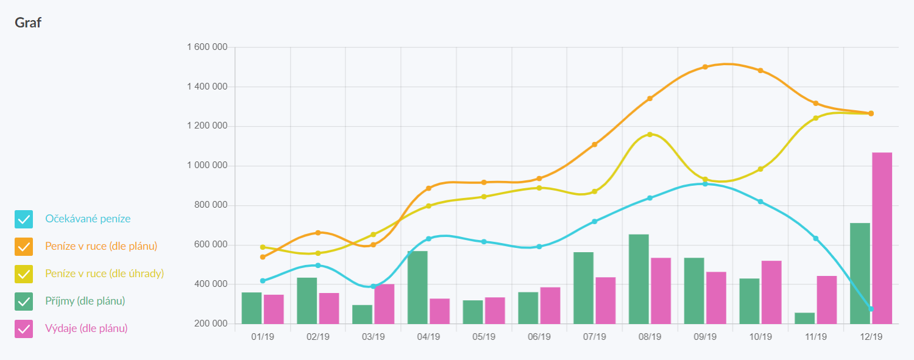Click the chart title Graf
click(x=28, y=23)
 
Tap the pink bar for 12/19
click(x=882, y=238)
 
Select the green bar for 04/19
click(x=417, y=287)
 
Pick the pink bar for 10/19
click(x=771, y=292)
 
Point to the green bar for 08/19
click(x=639, y=278)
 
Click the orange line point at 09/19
click(x=705, y=67)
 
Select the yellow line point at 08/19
click(x=650, y=134)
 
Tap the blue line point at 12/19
click(x=871, y=309)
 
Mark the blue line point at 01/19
click(x=263, y=281)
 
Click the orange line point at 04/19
click(x=428, y=188)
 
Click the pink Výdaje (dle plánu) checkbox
click(x=24, y=329)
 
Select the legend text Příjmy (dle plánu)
click(x=85, y=301)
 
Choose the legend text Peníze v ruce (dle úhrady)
click(x=104, y=274)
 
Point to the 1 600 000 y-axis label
click(x=207, y=48)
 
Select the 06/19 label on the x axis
click(x=539, y=336)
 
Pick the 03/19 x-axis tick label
click(x=373, y=336)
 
